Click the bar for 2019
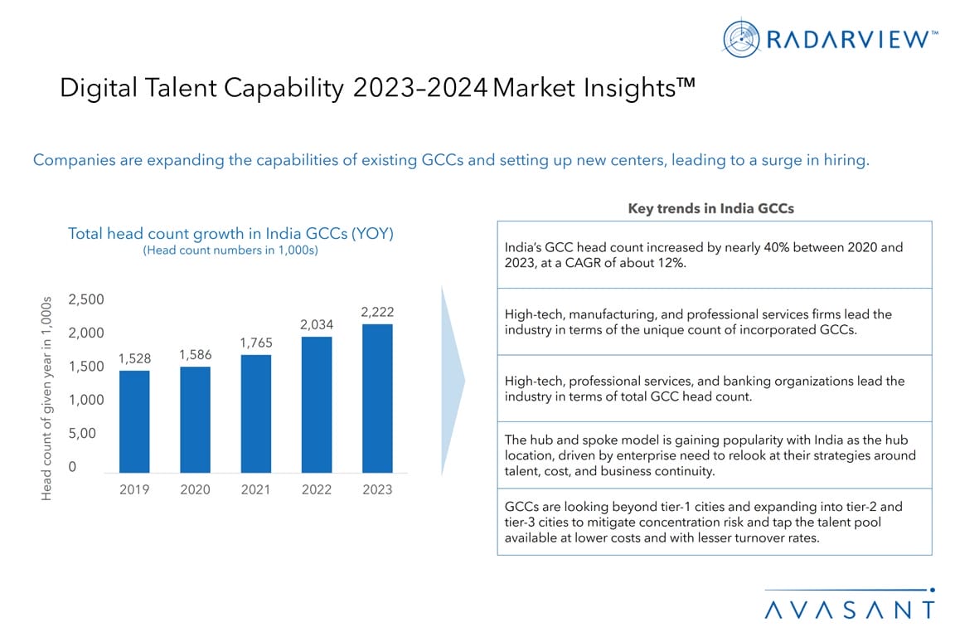(134, 421)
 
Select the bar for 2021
(256, 414)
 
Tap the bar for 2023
(377, 398)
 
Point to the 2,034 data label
(317, 325)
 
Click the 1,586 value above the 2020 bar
(195, 355)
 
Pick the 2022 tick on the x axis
(317, 489)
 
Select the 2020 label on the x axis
(195, 489)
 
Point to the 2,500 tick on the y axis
(85, 299)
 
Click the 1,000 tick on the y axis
(85, 400)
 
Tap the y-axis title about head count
(46, 398)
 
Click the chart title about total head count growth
(230, 234)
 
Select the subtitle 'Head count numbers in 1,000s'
(230, 250)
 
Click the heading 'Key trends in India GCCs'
(710, 208)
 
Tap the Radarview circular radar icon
(741, 38)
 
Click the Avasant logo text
(850, 610)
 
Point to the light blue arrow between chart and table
(452, 382)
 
